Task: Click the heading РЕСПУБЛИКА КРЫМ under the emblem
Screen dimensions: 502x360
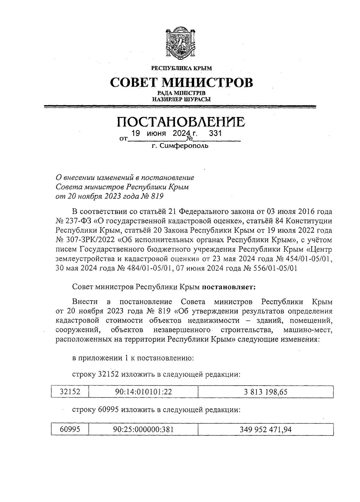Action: coord(181,68)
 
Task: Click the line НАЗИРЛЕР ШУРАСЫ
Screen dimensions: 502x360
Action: coord(181,99)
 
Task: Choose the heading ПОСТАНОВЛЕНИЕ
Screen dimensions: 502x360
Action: coord(181,122)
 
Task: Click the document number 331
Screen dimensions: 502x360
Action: coord(215,133)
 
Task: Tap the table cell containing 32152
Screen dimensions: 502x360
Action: coord(70,392)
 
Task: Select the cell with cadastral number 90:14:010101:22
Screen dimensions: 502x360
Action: coord(143,392)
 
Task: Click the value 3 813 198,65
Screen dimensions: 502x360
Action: coord(265,392)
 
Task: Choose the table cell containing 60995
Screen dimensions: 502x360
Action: coord(70,429)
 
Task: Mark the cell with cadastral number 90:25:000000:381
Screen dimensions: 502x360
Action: coord(143,429)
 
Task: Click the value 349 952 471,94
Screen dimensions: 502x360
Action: coord(265,429)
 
